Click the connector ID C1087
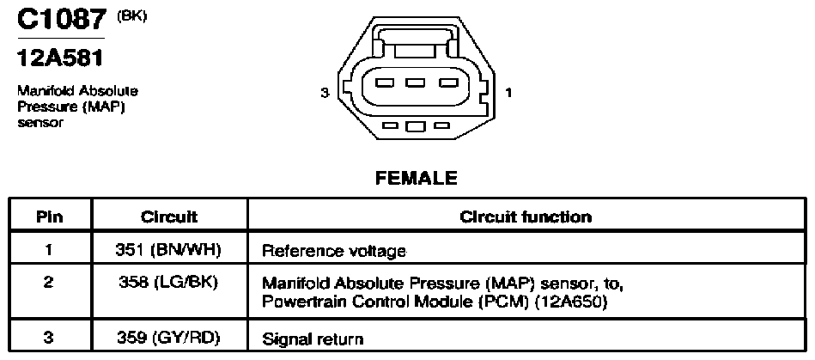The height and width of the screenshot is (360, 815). point(61,21)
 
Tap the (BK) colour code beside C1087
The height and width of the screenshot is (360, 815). point(132,15)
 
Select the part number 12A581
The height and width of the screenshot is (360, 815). point(60,58)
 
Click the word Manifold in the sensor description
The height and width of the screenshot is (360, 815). point(48,91)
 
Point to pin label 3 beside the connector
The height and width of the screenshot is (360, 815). point(325,93)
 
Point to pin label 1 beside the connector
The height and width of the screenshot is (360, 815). point(508,93)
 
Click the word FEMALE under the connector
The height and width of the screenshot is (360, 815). point(417,179)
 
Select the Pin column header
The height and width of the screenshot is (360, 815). point(50,217)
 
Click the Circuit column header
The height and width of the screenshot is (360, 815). point(169,217)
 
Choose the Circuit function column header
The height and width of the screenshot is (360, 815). point(526,217)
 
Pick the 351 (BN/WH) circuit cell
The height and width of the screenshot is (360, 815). point(168,250)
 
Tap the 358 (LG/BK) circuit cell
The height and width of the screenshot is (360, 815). point(168,284)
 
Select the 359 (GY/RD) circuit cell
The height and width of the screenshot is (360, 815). point(168,339)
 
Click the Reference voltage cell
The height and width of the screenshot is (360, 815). point(334,252)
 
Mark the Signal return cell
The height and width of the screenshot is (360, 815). point(313,339)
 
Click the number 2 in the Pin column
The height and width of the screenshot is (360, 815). point(48,284)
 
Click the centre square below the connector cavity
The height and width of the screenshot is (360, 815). point(416,126)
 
